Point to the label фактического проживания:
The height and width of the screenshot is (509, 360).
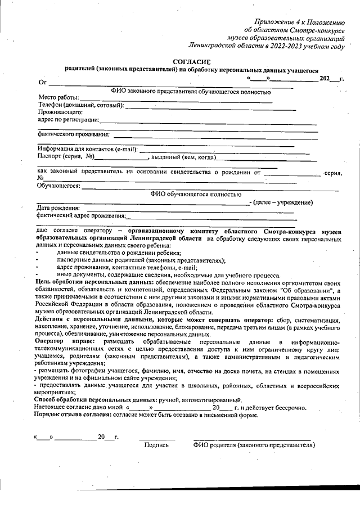(73, 134)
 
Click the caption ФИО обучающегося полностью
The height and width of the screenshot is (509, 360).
(192, 194)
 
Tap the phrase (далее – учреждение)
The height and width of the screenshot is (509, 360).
(282, 202)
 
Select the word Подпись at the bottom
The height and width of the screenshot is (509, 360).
(156, 445)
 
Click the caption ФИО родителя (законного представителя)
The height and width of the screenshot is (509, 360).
(254, 445)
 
